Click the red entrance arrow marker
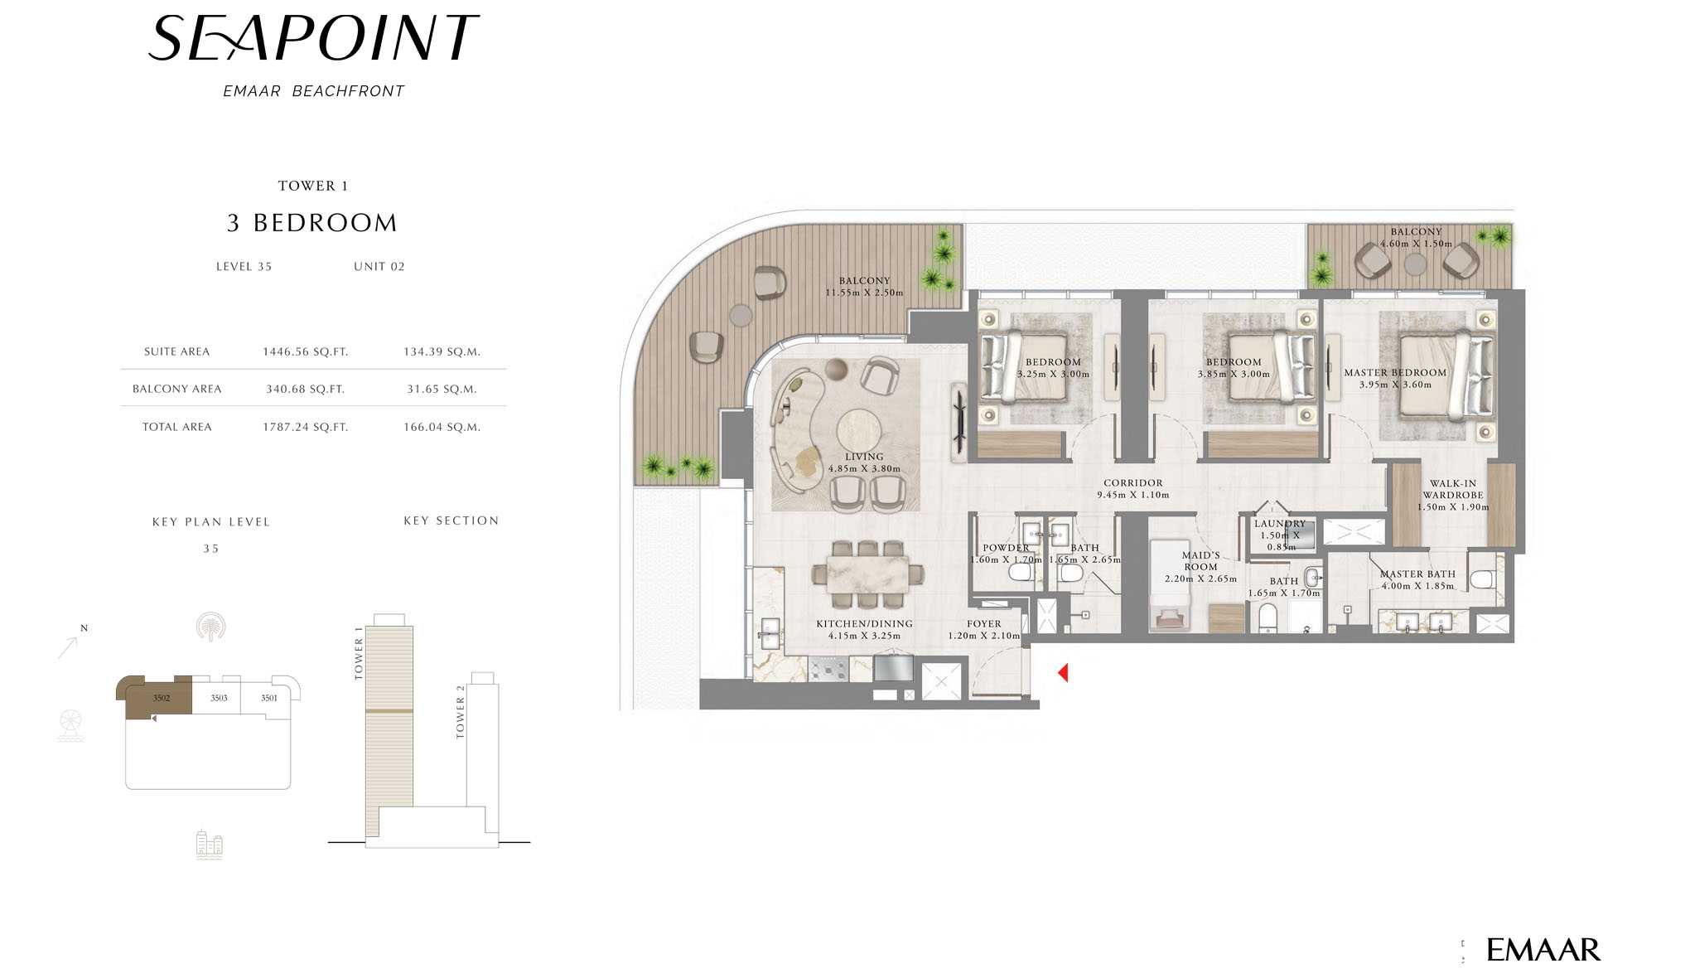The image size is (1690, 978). click(x=1063, y=672)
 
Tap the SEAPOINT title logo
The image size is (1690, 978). click(x=313, y=38)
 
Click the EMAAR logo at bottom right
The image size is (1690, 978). click(x=1543, y=950)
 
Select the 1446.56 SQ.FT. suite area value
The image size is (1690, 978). click(x=306, y=351)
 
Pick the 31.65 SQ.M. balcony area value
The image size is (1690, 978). click(x=442, y=389)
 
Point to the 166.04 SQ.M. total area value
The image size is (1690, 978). click(x=442, y=427)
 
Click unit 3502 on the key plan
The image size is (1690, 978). click(x=160, y=697)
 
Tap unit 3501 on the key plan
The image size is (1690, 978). click(x=269, y=698)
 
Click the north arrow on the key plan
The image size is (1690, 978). click(x=68, y=646)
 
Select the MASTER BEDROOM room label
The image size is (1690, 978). click(x=1395, y=373)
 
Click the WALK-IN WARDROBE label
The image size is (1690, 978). click(x=1453, y=489)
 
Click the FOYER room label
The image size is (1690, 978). click(x=984, y=624)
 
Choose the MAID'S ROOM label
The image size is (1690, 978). click(x=1200, y=561)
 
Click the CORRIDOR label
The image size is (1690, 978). click(x=1133, y=483)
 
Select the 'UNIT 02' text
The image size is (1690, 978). click(x=379, y=267)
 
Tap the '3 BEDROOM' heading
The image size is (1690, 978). click(x=312, y=223)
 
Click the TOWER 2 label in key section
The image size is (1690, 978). click(x=461, y=712)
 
